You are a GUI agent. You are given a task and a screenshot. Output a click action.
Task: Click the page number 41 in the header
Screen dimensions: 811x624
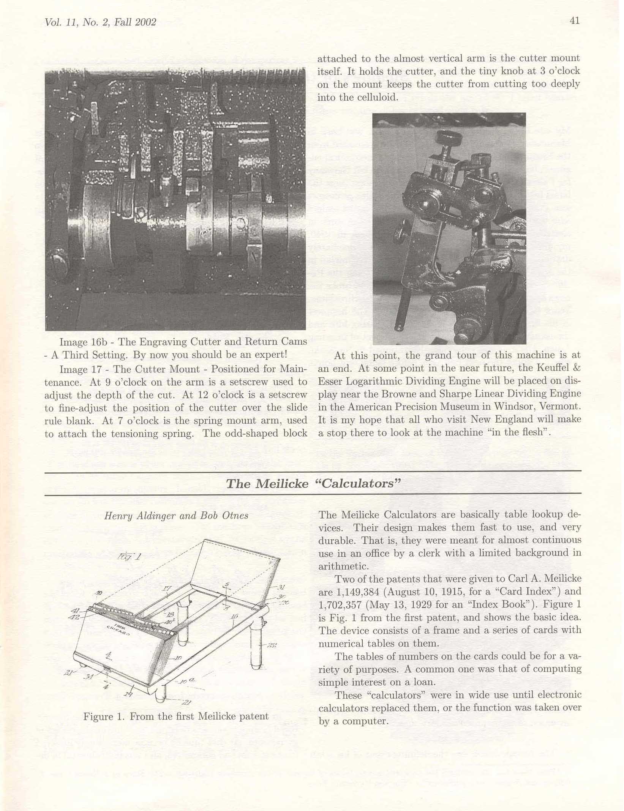(x=575, y=21)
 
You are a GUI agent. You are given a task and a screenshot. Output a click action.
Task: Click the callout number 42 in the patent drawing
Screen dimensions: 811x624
(x=74, y=617)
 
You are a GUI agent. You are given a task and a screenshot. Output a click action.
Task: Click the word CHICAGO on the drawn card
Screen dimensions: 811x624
(x=118, y=631)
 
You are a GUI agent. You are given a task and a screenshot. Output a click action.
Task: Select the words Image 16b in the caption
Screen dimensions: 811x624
(x=79, y=342)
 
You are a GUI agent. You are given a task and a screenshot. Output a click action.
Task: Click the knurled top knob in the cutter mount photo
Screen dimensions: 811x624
(x=449, y=136)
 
